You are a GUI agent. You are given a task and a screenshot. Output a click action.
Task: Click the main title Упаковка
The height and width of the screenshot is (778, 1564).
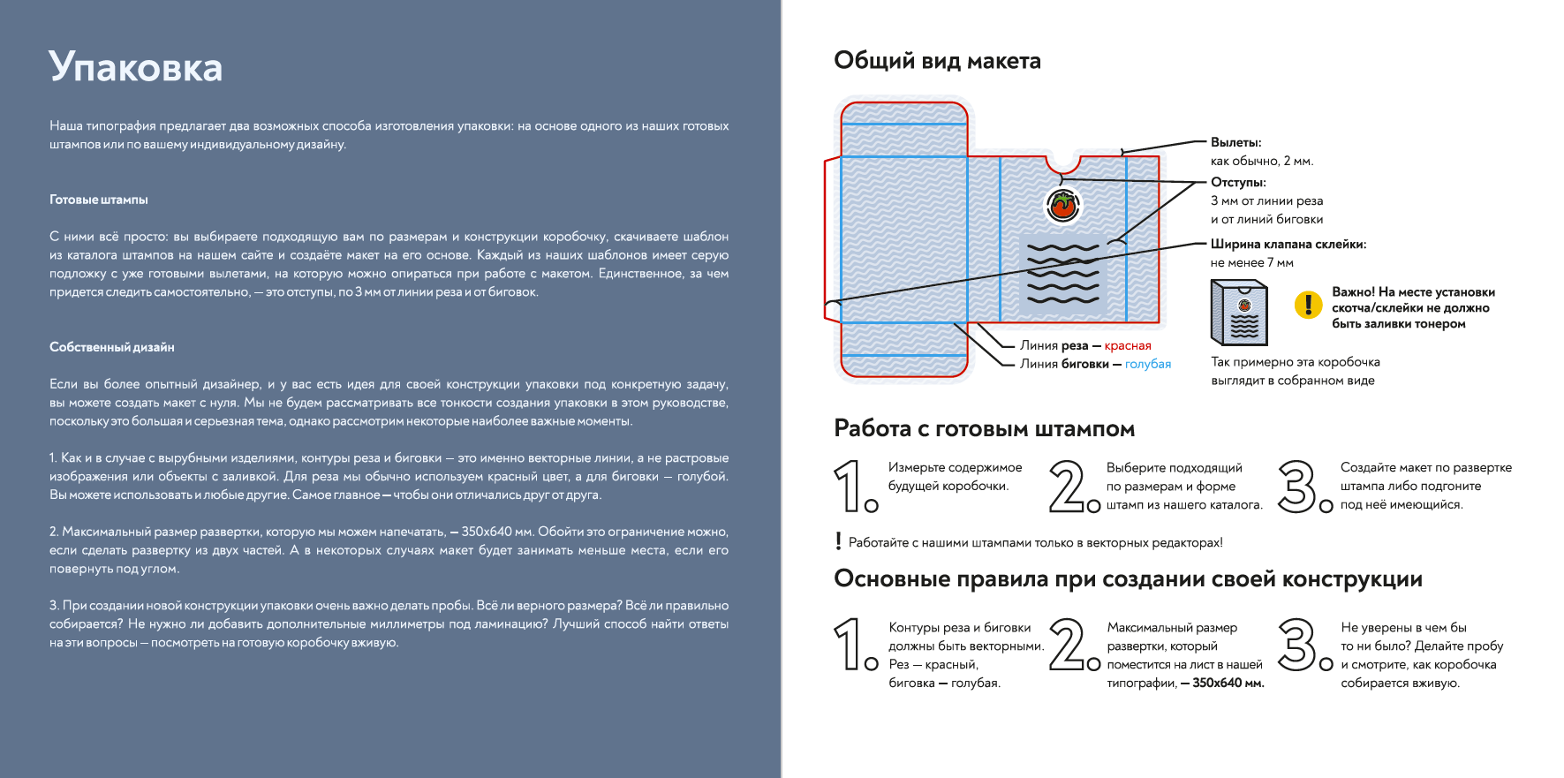135,67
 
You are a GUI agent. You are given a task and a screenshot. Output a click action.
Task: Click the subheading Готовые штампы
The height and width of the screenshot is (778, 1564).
99,200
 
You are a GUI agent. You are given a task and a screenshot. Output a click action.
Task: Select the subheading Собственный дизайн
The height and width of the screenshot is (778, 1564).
112,347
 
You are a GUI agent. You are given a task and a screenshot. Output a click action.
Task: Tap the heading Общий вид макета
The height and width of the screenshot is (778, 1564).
937,61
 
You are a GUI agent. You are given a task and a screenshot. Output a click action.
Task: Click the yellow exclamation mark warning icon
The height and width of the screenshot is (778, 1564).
1307,306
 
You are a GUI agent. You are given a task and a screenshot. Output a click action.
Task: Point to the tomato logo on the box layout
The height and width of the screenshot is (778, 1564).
1063,205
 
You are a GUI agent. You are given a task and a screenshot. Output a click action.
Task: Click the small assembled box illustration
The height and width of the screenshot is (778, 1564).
1239,313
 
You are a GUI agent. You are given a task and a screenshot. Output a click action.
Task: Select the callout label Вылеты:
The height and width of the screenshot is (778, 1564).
1235,142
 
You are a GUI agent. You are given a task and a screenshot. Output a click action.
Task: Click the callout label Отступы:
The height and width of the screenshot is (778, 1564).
1238,182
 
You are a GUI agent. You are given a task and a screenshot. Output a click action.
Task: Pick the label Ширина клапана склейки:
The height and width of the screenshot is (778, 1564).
1288,244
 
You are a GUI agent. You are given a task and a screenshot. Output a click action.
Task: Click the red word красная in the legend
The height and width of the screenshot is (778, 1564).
1128,345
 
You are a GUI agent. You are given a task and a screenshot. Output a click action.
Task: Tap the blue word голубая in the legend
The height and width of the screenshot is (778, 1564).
1148,364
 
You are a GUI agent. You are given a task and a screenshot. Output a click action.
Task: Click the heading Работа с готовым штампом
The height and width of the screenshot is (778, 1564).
984,429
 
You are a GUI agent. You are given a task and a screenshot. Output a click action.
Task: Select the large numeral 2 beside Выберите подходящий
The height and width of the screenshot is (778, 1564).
1069,487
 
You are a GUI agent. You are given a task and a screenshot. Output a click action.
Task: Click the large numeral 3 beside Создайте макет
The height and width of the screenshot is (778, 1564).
1298,487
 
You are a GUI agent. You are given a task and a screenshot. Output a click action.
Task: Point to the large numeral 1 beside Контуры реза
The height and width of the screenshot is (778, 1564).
849,644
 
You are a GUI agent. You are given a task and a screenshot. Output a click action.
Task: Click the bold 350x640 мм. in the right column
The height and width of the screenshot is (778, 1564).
1228,683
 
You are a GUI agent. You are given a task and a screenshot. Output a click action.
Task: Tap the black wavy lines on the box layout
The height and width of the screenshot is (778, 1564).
1063,273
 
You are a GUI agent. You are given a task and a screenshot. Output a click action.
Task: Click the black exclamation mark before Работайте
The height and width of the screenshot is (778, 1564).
838,541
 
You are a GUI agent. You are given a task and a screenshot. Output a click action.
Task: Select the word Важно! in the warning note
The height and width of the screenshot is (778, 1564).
1353,292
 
